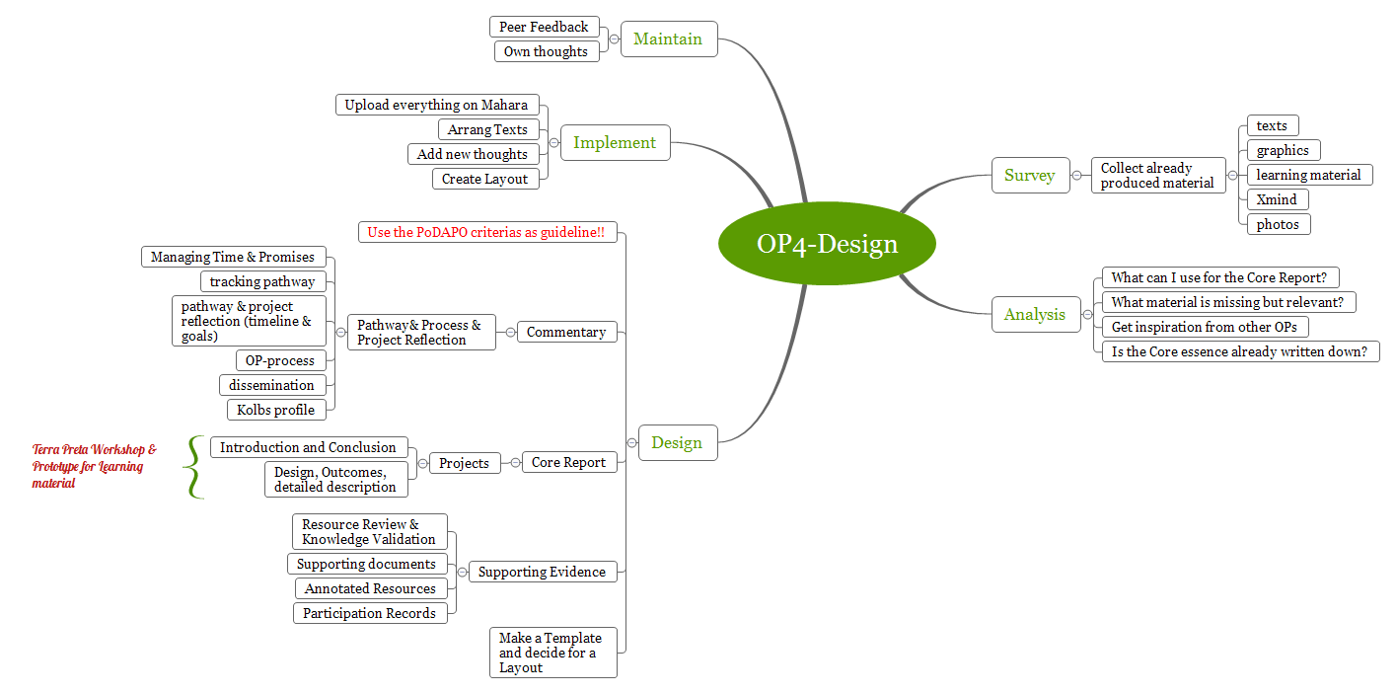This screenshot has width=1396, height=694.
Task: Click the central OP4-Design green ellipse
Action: pos(827,244)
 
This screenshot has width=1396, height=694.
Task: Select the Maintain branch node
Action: pos(668,39)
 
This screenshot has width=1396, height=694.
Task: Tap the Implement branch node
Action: pos(615,142)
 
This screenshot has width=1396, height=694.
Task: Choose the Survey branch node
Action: pos(1029,176)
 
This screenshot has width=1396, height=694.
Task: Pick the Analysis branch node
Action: pos(1035,315)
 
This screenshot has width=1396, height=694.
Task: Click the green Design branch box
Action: pos(677,443)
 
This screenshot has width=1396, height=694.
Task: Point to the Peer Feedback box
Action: pos(544,27)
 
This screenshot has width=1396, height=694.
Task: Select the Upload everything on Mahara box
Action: pos(436,105)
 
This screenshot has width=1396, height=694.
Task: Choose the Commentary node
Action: pos(566,332)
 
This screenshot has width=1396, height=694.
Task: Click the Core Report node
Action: pos(568,462)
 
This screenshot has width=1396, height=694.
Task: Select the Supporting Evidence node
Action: pos(542,572)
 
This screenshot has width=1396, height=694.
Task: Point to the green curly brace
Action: pos(193,467)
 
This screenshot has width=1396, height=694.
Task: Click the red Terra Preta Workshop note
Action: pos(93,466)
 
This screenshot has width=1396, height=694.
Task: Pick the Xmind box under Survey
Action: pos(1277,199)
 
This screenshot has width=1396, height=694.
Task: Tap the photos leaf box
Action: pos(1278,224)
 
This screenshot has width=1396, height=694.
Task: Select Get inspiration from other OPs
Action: pos(1204,327)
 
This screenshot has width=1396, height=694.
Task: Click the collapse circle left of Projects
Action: pos(422,462)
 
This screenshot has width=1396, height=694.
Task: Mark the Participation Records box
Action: pos(369,613)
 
